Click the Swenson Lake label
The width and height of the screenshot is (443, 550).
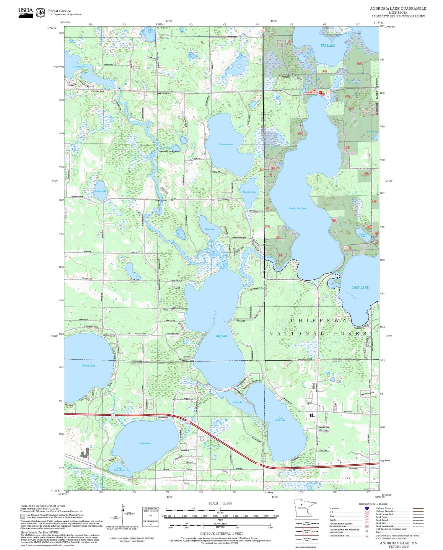click(226, 144)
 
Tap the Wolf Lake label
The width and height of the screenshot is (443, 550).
click(221, 336)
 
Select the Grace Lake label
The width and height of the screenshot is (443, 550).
click(88, 365)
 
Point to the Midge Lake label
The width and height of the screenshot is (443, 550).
click(145, 443)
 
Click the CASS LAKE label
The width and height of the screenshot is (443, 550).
click(360, 287)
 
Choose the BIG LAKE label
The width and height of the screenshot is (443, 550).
click(328, 45)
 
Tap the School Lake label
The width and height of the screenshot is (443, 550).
click(100, 191)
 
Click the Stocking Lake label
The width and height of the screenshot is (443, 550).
click(250, 192)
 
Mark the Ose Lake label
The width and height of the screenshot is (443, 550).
click(209, 229)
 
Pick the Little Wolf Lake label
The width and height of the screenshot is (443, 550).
click(281, 419)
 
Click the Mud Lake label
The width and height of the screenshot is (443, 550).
click(237, 402)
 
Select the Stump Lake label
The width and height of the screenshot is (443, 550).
click(79, 67)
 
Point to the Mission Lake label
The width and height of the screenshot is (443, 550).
click(363, 235)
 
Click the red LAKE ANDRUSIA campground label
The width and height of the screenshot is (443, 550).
click(312, 91)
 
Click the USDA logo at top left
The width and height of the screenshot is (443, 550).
click(25, 12)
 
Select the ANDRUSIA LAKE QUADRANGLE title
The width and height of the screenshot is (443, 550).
click(398, 9)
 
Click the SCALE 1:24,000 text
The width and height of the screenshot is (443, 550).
click(220, 503)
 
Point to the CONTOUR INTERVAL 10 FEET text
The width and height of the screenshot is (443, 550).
click(221, 533)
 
